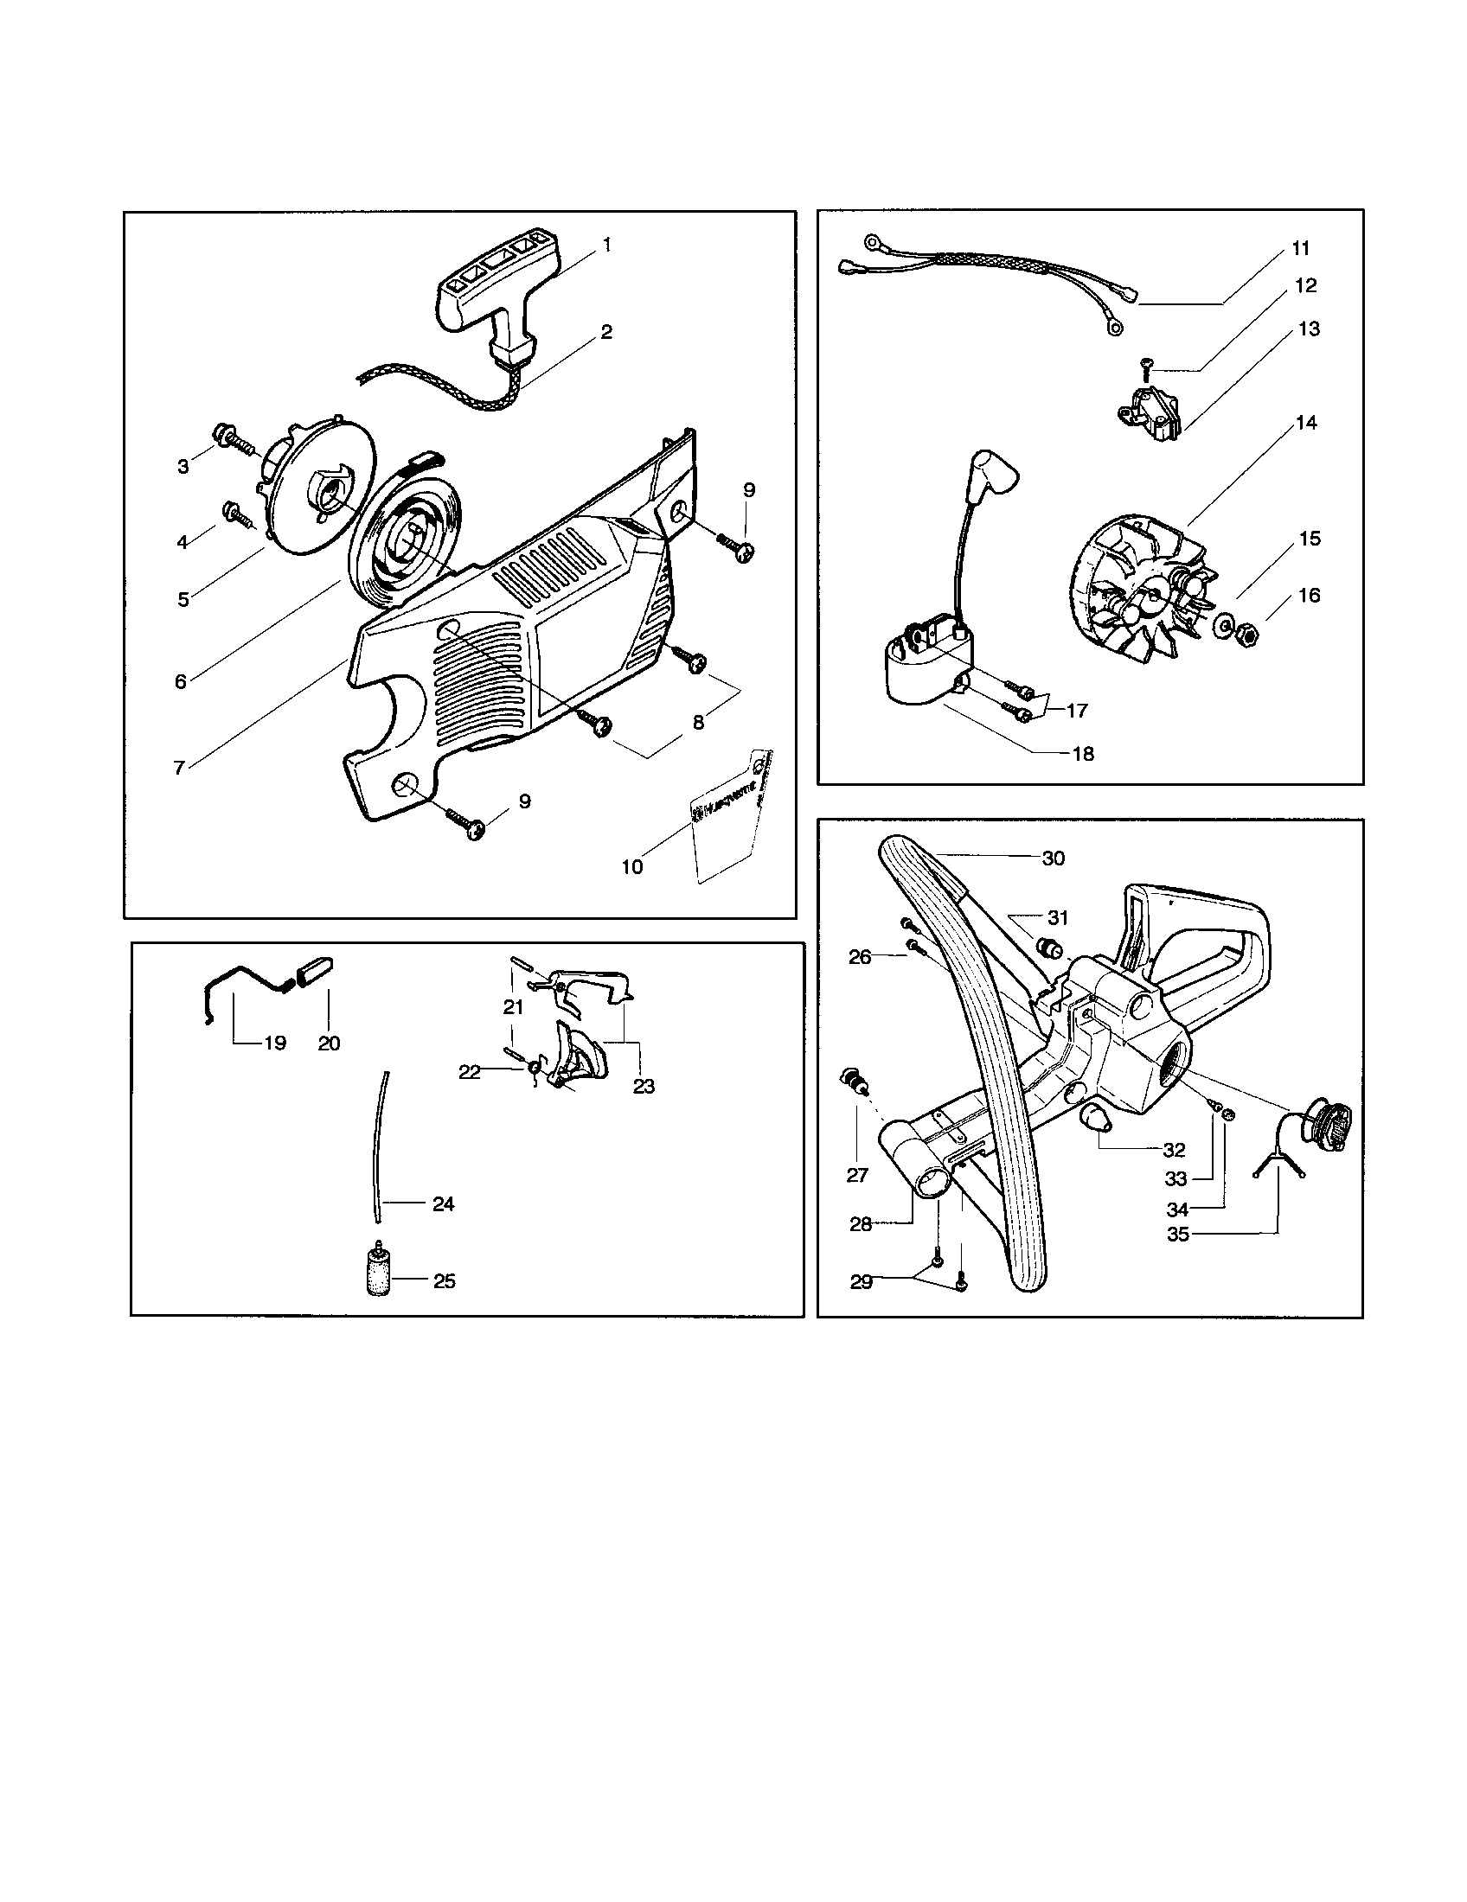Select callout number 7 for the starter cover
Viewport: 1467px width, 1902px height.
pos(179,768)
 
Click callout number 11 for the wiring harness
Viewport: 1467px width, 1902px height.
pos(1300,249)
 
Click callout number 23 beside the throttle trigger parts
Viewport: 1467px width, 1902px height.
pos(644,1086)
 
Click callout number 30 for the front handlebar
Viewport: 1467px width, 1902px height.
pos(1054,858)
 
